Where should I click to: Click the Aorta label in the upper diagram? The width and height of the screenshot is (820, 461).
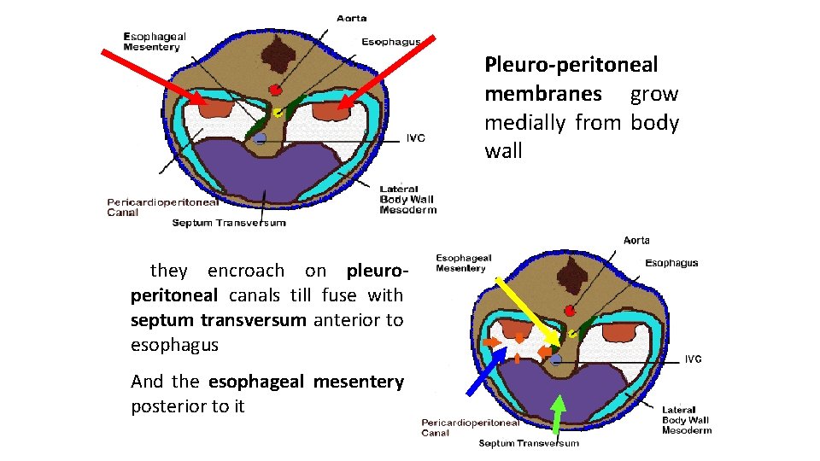coord(353,17)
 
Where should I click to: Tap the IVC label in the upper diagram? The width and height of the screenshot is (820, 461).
coord(415,137)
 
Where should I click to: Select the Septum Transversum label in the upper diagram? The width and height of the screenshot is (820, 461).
coord(229,223)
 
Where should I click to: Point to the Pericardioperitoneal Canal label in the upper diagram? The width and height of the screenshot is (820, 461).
coord(162,207)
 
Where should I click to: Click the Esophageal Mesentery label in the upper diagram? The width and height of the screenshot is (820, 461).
coord(155,42)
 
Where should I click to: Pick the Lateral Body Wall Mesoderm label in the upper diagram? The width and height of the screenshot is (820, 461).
coord(407,199)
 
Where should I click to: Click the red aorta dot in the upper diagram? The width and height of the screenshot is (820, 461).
coord(275,90)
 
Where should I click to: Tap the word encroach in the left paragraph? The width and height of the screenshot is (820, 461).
coord(246,271)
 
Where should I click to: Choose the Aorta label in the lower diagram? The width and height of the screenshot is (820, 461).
coord(635,240)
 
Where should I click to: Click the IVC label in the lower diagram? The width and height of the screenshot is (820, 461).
coord(694,359)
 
